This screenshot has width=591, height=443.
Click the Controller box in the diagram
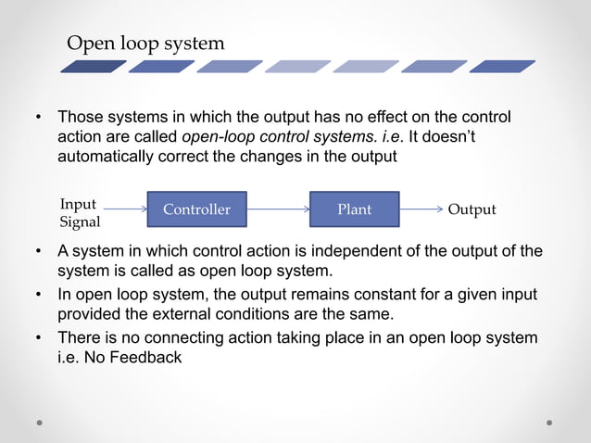tap(196, 209)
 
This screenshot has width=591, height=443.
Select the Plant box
tap(354, 209)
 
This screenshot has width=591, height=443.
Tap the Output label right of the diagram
tap(472, 209)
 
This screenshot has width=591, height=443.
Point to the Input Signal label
tap(79, 213)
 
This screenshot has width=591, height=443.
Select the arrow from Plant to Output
tap(421, 209)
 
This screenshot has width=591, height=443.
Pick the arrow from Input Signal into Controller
tap(124, 209)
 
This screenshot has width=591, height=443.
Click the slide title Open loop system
tap(145, 44)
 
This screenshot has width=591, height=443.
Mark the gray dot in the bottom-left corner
tap(41, 422)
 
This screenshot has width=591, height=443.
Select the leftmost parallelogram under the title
tap(93, 67)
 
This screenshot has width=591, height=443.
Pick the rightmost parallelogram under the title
tap(501, 67)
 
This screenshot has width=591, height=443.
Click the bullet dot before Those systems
tap(39, 119)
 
